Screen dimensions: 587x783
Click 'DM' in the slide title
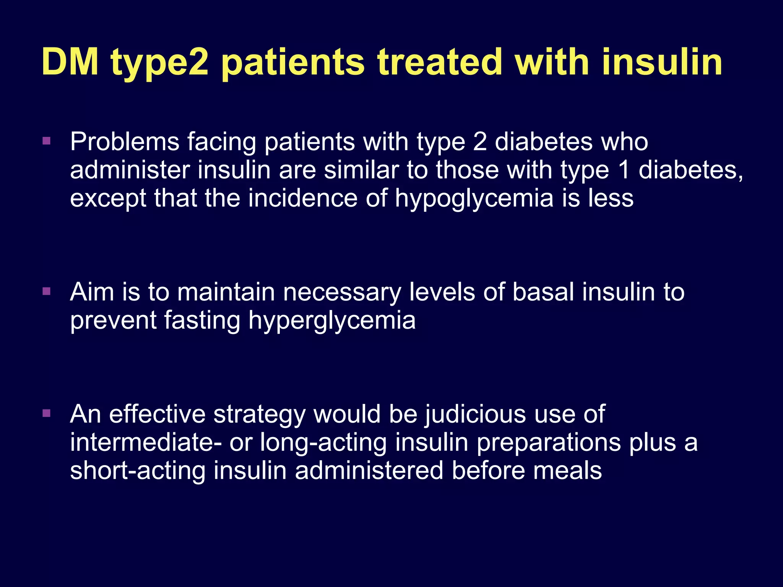pos(70,62)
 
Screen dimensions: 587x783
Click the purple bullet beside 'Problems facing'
pos(47,141)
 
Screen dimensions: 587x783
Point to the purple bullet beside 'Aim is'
pos(47,292)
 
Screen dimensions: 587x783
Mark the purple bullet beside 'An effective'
pos(47,413)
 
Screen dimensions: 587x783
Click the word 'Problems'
pos(125,142)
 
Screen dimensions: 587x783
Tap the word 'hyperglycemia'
pos(332,321)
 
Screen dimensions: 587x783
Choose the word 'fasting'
pos(203,321)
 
